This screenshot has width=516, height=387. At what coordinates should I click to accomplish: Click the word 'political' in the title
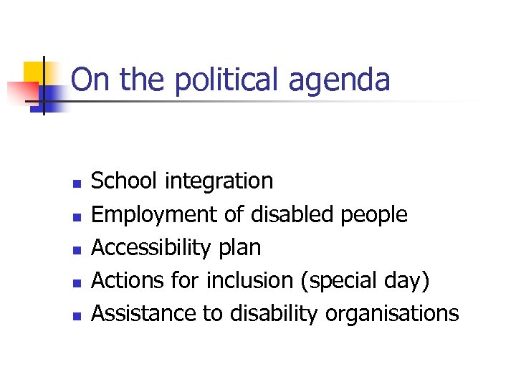[x=226, y=80]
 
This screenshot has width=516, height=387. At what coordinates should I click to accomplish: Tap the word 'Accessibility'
[x=150, y=248]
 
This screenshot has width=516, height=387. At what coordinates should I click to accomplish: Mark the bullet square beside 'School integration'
[x=76, y=183]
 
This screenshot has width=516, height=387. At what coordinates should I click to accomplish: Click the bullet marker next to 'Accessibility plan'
[x=76, y=249]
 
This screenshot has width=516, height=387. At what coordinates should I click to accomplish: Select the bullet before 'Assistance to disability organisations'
[x=76, y=315]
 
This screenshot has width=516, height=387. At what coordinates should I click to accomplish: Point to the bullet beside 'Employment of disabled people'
[x=76, y=216]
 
